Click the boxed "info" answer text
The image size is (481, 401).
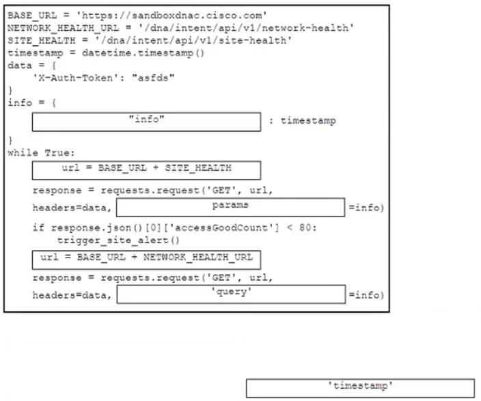[147, 119]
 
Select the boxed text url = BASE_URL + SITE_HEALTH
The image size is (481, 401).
[147, 168]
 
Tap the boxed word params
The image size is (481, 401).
[230, 205]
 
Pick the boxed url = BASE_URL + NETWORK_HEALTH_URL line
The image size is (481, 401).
[147, 257]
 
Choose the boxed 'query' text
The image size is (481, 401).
[232, 292]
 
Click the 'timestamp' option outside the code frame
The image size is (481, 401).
[360, 385]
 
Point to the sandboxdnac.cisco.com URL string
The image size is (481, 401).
[171, 15]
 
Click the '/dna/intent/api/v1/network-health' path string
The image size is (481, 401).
[247, 28]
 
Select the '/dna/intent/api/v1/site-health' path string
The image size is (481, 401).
[193, 40]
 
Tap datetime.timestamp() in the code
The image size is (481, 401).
[143, 53]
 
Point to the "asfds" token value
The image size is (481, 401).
[153, 78]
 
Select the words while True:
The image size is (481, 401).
[41, 153]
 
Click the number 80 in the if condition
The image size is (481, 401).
[305, 227]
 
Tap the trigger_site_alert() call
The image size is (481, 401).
[118, 240]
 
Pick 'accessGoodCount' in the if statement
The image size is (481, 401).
[221, 227]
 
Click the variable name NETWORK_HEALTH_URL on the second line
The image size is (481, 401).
[63, 28]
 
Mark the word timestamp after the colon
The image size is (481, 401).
[308, 121]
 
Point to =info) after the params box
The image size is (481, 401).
[366, 208]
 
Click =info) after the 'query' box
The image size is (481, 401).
[366, 295]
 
